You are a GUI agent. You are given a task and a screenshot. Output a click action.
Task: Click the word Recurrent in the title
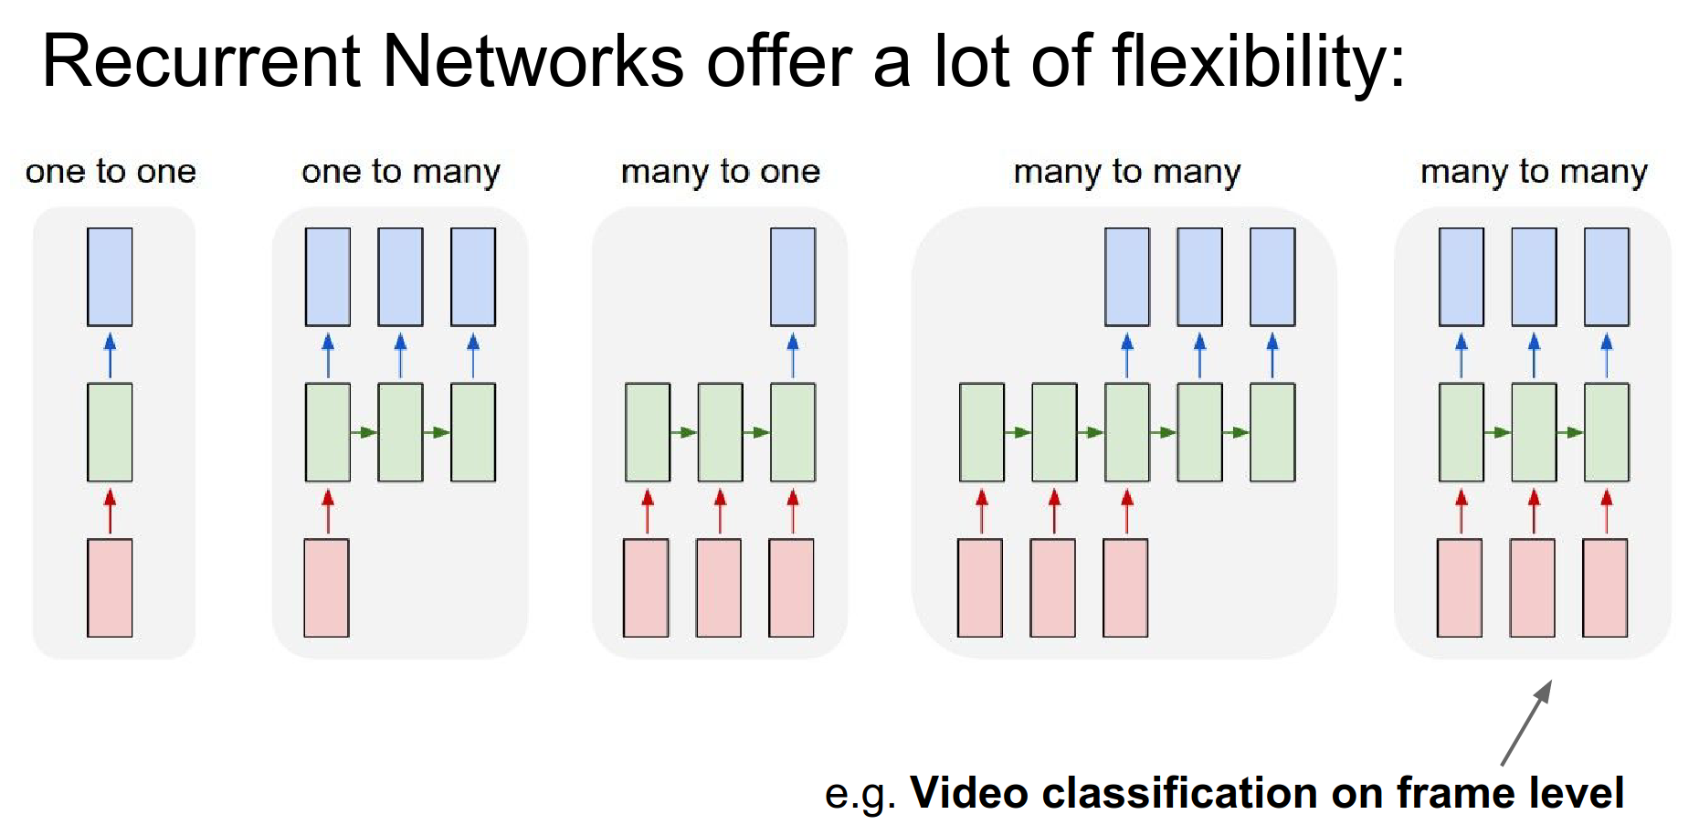201,61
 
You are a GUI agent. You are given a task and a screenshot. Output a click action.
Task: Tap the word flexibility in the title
1259,61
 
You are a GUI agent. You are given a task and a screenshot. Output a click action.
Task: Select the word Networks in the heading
533,61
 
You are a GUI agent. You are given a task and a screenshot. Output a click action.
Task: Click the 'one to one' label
111,172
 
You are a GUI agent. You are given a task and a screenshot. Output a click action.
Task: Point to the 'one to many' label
401,172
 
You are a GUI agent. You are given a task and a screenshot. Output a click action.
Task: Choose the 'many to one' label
721,172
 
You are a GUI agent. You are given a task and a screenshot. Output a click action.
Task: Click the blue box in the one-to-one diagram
110,277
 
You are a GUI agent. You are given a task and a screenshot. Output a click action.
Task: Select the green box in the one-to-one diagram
110,432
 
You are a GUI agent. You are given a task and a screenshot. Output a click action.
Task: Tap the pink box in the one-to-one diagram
110,587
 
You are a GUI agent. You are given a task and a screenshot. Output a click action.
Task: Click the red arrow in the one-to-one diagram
110,511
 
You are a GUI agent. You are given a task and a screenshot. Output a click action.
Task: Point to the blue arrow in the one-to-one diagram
110,354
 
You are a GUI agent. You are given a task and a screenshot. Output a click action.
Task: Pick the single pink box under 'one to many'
326,587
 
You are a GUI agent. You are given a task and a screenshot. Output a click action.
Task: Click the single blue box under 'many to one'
793,277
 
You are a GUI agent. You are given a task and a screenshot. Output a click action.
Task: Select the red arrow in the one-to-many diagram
328,511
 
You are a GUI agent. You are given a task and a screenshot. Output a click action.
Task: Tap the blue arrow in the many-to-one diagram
793,354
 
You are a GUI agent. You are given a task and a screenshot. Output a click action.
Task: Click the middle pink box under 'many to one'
719,587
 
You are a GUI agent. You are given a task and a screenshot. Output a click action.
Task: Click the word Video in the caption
969,792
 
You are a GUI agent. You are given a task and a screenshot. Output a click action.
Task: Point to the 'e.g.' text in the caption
859,794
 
